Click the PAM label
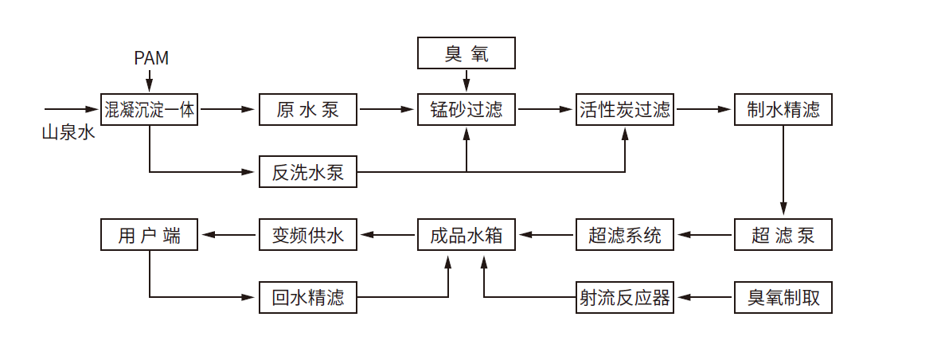click(150, 59)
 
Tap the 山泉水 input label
click(68, 132)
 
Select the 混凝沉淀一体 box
click(149, 109)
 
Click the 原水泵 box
click(308, 109)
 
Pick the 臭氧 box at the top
click(467, 54)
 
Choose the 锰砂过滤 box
click(467, 109)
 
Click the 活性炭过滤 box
click(625, 109)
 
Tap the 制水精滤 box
click(783, 109)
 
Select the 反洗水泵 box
click(308, 172)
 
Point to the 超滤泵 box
click(783, 235)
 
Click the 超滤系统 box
click(625, 235)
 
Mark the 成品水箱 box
click(467, 235)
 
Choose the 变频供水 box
click(308, 235)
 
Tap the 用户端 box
click(149, 235)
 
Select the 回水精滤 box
click(308, 298)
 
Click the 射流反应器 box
click(625, 298)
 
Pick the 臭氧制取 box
click(783, 298)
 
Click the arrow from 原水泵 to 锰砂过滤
click(387, 109)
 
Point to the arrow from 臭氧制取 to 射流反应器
click(704, 298)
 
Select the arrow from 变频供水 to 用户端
click(228, 235)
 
